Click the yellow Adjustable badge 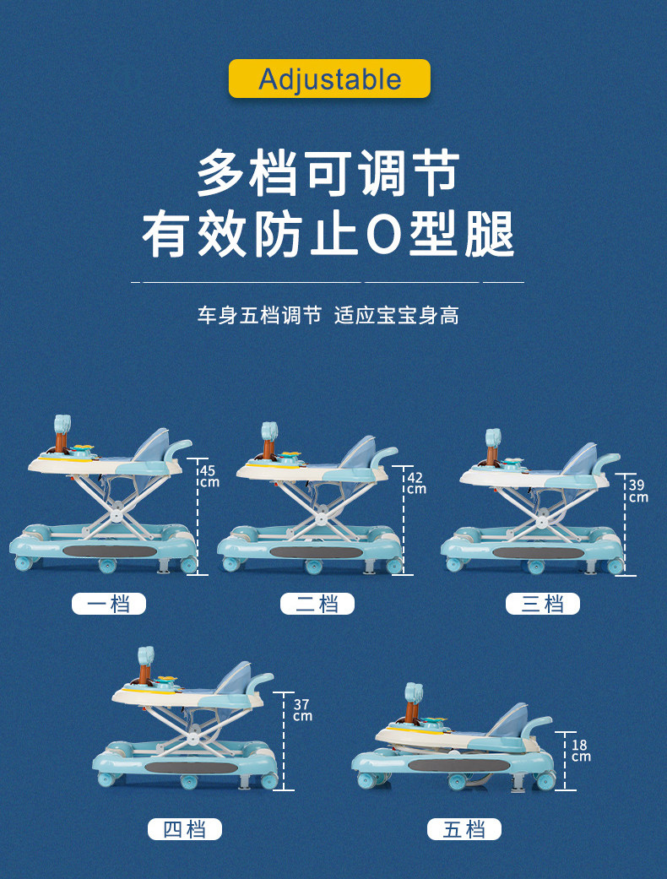329,79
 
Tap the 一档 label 108,604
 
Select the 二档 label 317,604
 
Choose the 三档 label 542,604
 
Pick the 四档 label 185,829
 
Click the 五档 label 464,829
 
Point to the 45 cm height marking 209,476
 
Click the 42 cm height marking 415,482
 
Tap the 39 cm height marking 637,491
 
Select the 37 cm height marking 302,709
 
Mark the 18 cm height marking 580,751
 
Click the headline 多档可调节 328,175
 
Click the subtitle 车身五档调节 259,317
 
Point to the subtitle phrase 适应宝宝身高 397,317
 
